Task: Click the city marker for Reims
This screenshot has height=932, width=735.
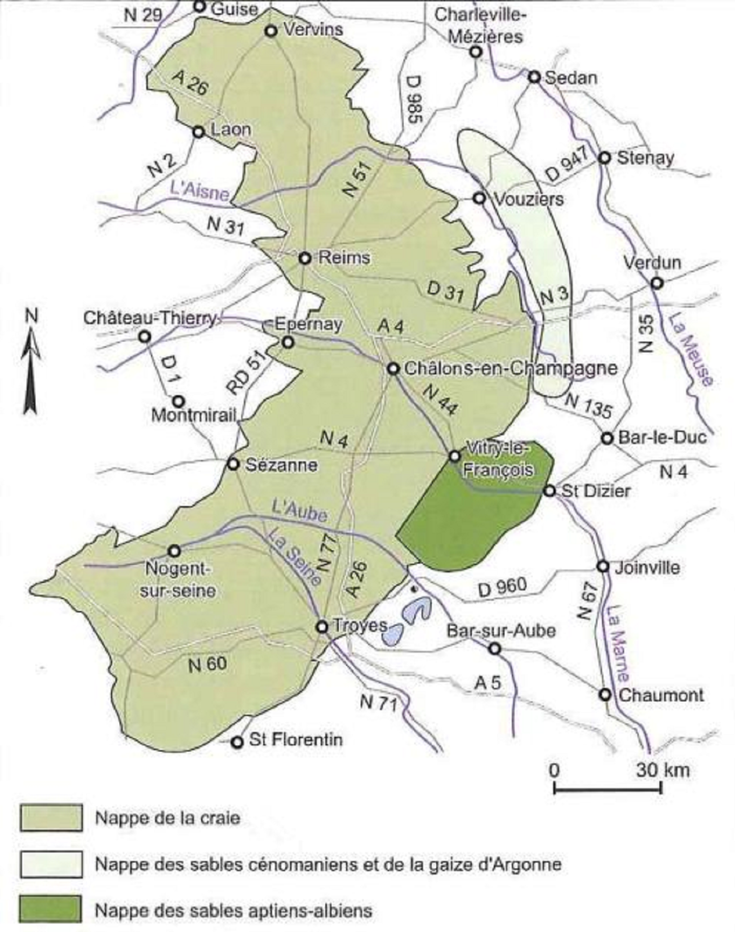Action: click(305, 258)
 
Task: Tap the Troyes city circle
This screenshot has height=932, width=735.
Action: click(322, 626)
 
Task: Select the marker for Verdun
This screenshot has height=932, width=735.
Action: click(657, 282)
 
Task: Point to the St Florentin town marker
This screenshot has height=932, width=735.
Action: click(238, 741)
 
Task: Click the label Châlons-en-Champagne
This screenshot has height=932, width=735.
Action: click(511, 369)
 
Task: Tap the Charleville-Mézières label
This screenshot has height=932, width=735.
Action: click(480, 25)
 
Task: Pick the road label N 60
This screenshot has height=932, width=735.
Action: click(207, 664)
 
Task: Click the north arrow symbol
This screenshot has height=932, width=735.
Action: click(30, 366)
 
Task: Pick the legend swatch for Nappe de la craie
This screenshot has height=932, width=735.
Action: click(51, 818)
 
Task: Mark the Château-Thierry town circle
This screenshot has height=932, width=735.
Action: click(145, 337)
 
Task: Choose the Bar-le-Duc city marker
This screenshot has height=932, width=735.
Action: click(607, 438)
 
